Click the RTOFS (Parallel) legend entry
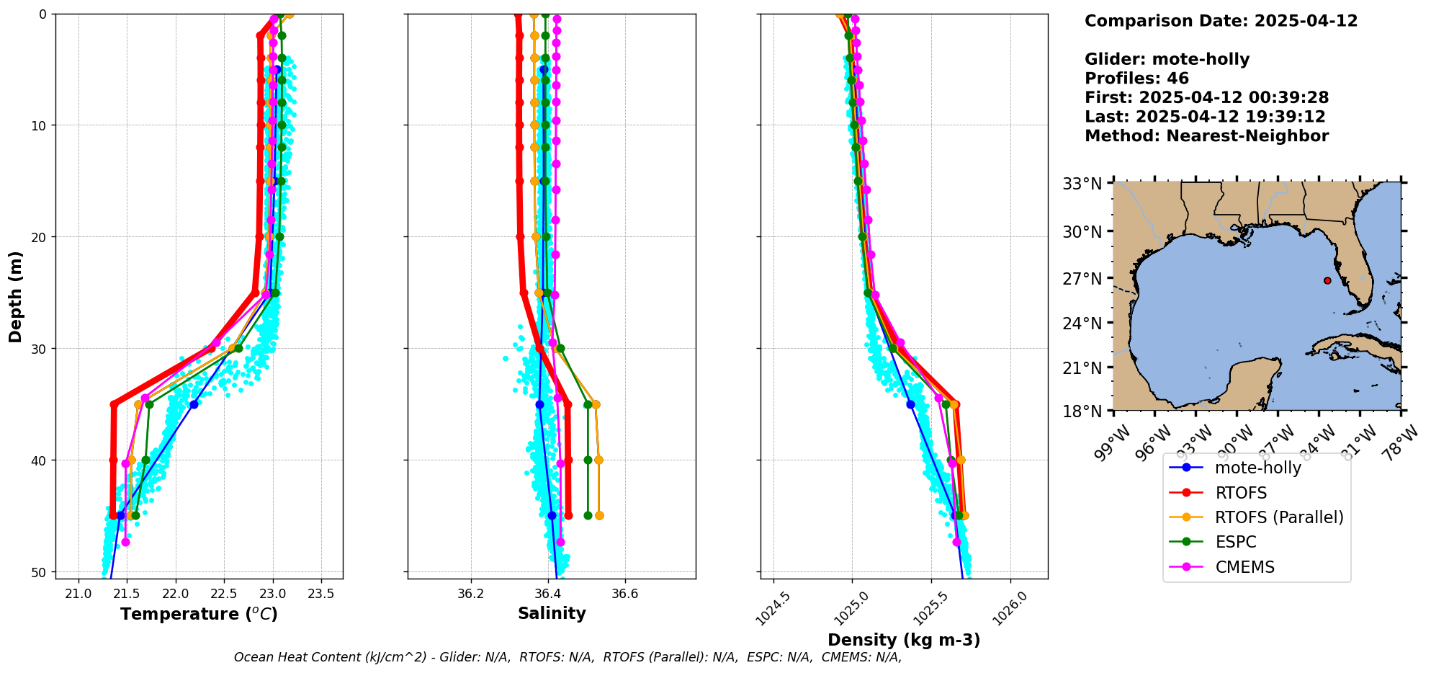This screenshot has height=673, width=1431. coord(1278,517)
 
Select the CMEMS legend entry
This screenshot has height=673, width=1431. coord(1244,567)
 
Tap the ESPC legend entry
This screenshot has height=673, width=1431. coord(1235,542)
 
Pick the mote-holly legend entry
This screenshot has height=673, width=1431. coord(1257,468)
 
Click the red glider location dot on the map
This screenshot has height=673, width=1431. coord(1327,280)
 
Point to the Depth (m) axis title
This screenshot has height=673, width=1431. coord(16,296)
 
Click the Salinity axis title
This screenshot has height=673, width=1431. coord(552,613)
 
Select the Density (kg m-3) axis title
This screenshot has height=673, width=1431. coord(904,640)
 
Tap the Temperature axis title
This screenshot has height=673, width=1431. coord(199,614)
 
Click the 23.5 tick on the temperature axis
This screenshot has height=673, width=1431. coord(320,594)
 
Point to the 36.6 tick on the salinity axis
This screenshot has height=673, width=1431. coord(624,594)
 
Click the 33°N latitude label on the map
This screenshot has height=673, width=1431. coord(1082,184)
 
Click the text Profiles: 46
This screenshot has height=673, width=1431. coord(1136,79)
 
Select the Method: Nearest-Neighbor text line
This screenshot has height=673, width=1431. coord(1206,135)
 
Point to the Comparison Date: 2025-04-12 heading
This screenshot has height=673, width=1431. coord(1221,21)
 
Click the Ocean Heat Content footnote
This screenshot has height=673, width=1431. coord(568,657)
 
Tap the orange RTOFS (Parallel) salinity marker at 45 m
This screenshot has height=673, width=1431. coord(599,515)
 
